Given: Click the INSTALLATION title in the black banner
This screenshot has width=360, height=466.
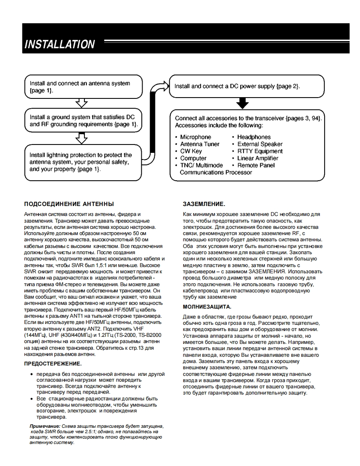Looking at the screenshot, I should pyautogui.click(x=59, y=44).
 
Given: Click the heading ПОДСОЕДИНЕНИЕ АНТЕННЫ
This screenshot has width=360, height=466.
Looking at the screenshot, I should pyautogui.click(x=69, y=204).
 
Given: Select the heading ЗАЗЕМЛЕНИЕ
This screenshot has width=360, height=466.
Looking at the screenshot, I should pyautogui.click(x=204, y=204).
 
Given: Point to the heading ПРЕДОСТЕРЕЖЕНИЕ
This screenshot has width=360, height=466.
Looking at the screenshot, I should pyautogui.click(x=53, y=363).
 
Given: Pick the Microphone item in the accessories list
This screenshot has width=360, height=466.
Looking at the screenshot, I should pyautogui.click(x=195, y=137).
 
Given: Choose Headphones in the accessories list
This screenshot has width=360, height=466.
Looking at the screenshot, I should pyautogui.click(x=254, y=137).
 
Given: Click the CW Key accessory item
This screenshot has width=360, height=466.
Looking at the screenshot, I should pyautogui.click(x=191, y=151).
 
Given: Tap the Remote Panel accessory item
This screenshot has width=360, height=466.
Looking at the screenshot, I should pyautogui.click(x=255, y=165).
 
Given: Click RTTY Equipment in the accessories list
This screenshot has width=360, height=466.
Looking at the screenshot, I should pyautogui.click(x=260, y=151).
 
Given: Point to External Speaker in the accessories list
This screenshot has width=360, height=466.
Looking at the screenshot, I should pyautogui.click(x=259, y=144).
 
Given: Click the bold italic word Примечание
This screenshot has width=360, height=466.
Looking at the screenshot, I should pyautogui.click(x=44, y=427).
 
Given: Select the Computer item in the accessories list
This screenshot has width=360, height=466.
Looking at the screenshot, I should pyautogui.click(x=193, y=158).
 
